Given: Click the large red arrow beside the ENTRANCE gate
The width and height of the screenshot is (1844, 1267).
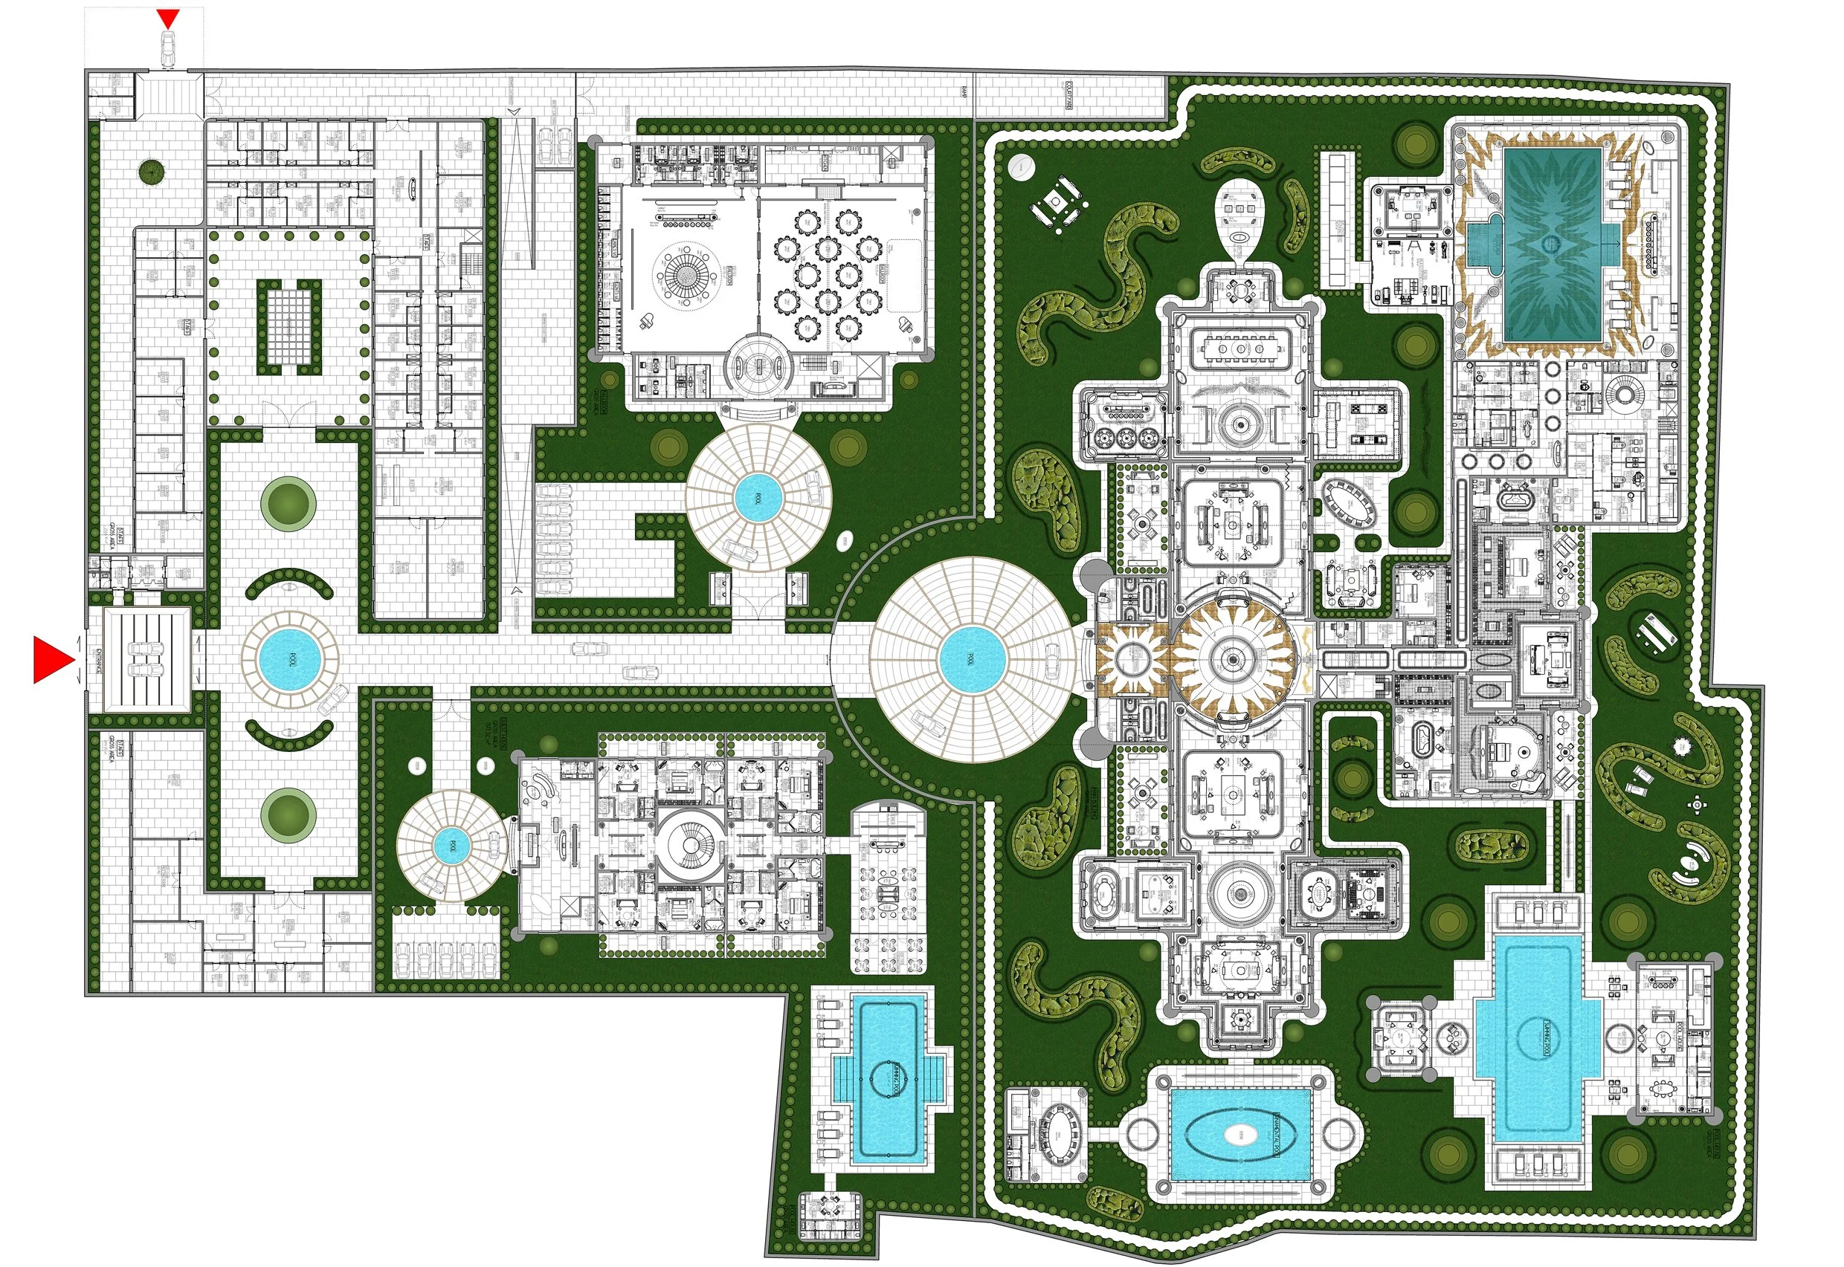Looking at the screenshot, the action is [x=51, y=658].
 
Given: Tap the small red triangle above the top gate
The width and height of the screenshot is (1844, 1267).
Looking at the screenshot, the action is [x=167, y=19].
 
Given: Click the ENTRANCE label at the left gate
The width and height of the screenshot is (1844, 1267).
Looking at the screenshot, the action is [x=97, y=659].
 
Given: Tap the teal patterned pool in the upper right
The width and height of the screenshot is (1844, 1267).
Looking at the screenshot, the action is [x=1552, y=244].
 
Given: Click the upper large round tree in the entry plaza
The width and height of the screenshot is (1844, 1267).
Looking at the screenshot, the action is [x=288, y=502].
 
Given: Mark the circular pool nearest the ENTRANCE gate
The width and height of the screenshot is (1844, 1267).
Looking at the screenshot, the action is [x=289, y=659].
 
